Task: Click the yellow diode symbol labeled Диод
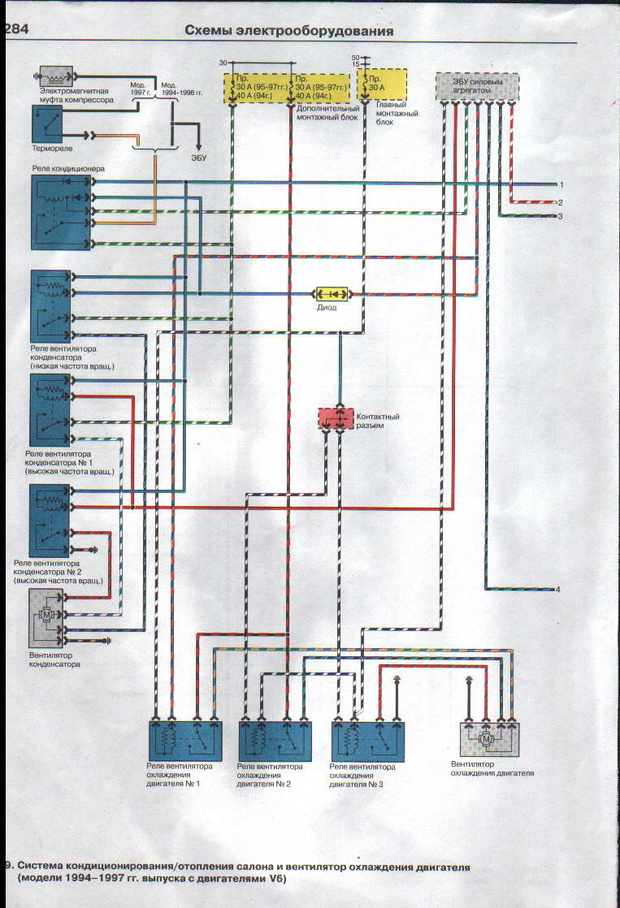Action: tap(332, 292)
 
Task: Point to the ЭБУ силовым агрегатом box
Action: tap(475, 85)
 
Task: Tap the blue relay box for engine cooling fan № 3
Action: tap(368, 738)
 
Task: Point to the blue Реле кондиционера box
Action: tap(61, 211)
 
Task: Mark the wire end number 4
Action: tap(558, 589)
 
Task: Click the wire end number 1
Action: tap(560, 185)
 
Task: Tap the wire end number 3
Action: tap(560, 216)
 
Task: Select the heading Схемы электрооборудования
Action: tap(289, 31)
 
